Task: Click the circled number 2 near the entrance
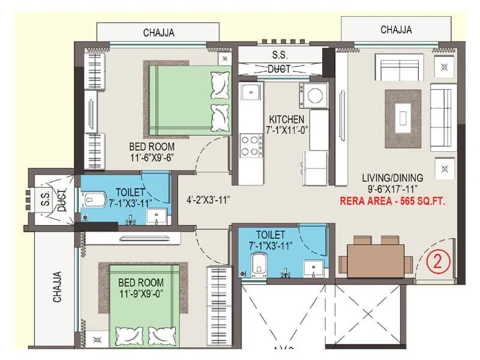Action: (x=438, y=262)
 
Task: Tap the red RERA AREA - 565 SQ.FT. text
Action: (x=392, y=202)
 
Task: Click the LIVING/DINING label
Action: (x=392, y=178)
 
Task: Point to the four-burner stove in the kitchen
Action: (x=250, y=145)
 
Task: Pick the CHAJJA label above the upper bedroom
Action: (x=158, y=33)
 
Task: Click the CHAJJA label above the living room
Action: (x=396, y=29)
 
